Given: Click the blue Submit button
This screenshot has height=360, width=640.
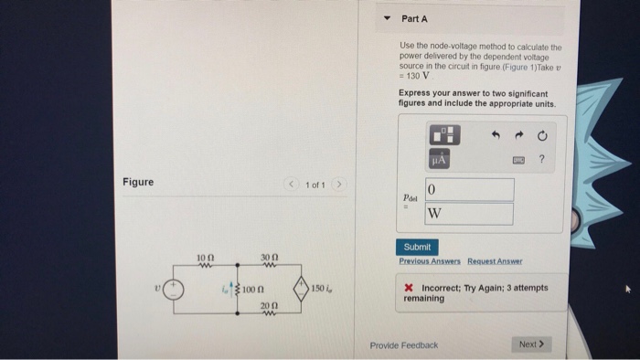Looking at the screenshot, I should tap(418, 248).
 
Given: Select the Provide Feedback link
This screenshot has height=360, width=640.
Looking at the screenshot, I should tap(403, 344).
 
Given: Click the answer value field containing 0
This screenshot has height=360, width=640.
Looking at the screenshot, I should tap(468, 189).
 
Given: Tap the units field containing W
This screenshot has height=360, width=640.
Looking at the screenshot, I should tap(468, 214).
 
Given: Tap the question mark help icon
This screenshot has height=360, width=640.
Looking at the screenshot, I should tap(541, 160).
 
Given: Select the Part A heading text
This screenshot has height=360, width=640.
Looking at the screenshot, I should tap(414, 18).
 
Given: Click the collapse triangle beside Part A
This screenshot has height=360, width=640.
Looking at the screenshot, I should tap(386, 18).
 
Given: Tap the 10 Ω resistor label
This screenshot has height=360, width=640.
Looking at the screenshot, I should tap(207, 259).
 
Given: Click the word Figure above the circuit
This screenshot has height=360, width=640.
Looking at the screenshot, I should tap(138, 182).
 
